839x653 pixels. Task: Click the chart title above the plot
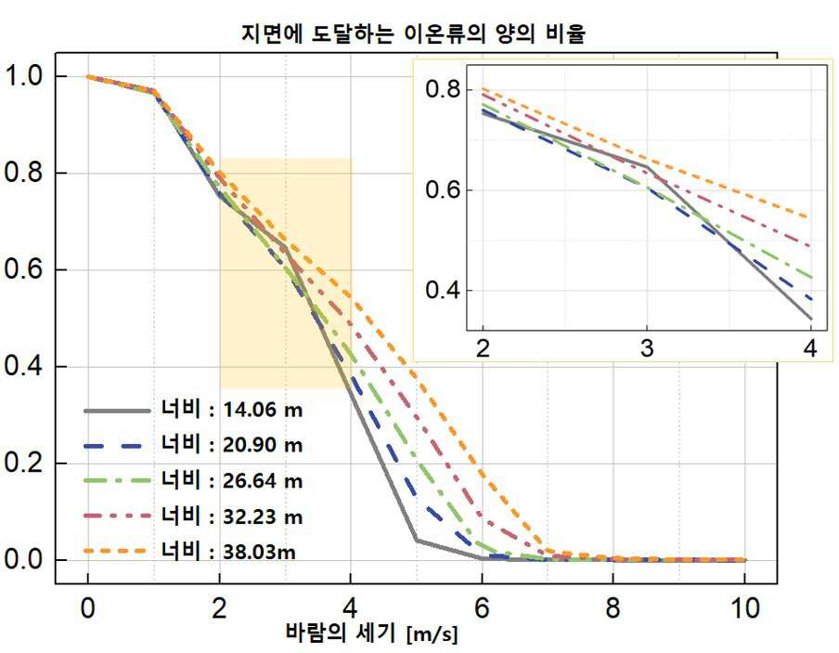tap(413, 33)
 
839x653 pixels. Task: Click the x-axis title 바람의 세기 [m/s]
tap(372, 633)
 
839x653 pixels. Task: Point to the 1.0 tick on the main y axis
tap(23, 75)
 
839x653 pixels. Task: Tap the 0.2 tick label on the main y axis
tap(23, 463)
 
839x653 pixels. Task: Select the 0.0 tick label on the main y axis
tap(23, 559)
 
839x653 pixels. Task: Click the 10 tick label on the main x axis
tap(745, 608)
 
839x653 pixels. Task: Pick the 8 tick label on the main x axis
tap(613, 608)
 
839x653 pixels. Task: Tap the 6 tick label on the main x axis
tap(482, 608)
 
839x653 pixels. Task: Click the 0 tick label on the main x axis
tap(88, 608)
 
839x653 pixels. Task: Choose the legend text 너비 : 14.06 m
tap(232, 410)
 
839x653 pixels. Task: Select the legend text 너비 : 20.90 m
tap(232, 444)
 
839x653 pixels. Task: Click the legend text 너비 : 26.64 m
tap(232, 480)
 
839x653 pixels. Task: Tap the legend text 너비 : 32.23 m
tap(232, 516)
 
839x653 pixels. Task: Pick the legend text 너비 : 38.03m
tap(228, 551)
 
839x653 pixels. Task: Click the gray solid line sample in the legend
tap(117, 411)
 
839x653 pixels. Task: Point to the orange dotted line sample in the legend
tap(115, 551)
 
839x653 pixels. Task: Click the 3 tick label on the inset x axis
tap(647, 348)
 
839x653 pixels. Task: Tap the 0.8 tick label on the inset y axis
tap(443, 89)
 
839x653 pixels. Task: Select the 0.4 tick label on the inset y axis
tap(443, 290)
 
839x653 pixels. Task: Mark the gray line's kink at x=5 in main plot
tap(417, 541)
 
